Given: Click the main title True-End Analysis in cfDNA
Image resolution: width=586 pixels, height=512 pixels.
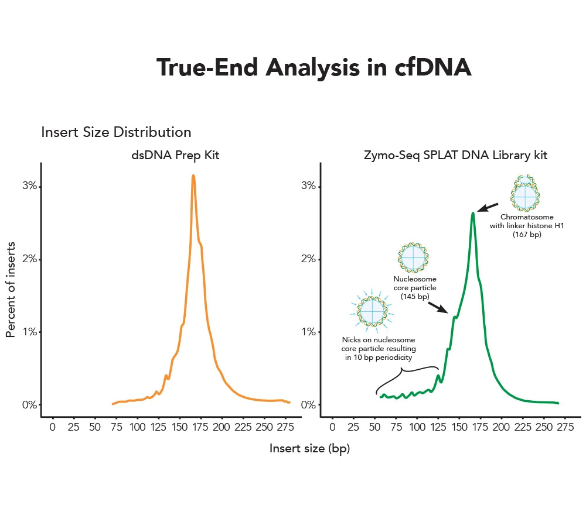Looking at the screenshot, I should click(x=314, y=68).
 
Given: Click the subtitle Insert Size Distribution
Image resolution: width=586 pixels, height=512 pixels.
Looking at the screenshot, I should click(x=116, y=132).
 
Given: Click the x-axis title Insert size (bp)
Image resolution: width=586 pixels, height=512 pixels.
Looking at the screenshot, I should click(x=309, y=448).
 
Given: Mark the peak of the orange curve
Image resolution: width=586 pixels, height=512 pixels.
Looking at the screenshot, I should click(x=193, y=176).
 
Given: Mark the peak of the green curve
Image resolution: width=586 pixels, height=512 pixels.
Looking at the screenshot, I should click(x=473, y=214).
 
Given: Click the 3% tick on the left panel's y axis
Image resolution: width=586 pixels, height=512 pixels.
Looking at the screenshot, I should click(x=30, y=186).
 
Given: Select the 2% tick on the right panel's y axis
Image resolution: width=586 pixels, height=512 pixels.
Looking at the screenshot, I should click(x=309, y=259).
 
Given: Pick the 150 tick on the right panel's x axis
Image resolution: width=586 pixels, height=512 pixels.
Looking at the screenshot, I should click(x=459, y=428).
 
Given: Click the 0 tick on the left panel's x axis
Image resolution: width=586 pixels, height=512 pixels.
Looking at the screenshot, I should click(x=53, y=428).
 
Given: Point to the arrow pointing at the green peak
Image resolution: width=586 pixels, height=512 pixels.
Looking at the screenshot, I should click(x=488, y=207).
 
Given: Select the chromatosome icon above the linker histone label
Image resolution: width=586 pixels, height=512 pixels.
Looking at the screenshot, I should click(x=524, y=193).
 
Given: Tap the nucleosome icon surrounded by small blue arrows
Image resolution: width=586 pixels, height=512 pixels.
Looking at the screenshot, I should click(x=373, y=310).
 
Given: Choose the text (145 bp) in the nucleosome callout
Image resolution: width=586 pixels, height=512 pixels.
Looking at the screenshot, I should click(x=415, y=297).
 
